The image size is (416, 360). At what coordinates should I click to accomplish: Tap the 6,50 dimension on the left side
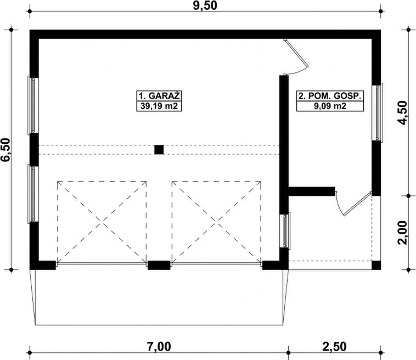7,149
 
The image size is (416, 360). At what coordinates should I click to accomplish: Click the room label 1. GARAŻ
159,94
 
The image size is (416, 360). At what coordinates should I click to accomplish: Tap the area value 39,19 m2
159,106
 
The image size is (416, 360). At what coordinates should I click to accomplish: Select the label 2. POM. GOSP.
330,95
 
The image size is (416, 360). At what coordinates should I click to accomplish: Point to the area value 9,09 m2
330,106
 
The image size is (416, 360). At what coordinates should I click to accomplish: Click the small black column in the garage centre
159,149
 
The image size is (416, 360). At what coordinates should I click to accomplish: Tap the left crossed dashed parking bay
102,222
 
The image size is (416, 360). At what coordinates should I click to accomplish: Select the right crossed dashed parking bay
216,222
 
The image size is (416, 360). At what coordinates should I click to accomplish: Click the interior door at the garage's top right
295,57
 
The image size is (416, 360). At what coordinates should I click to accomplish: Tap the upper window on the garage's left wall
33,105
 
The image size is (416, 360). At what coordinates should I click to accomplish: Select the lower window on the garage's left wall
33,194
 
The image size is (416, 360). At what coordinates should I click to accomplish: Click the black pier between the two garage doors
159,266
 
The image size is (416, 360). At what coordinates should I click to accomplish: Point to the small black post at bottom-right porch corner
376,266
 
